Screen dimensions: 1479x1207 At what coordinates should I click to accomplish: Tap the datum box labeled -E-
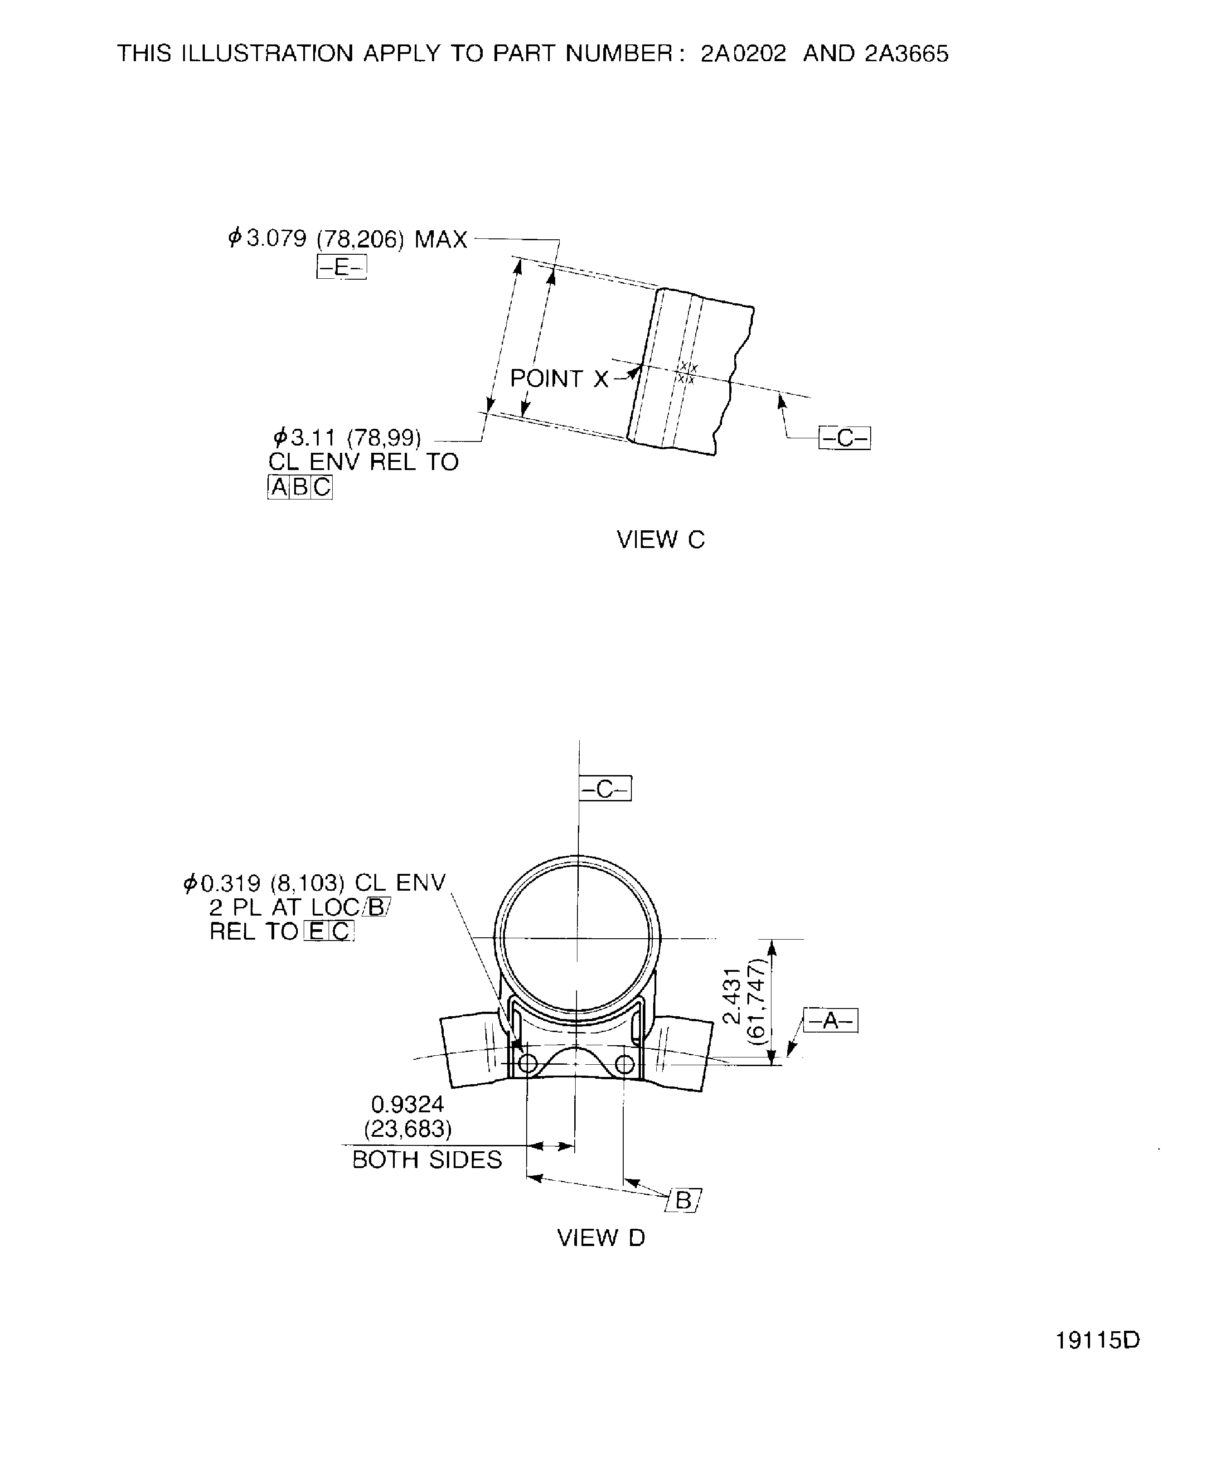pos(341,267)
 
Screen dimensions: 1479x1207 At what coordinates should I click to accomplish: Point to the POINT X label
pos(559,379)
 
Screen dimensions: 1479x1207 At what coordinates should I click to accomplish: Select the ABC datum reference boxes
pos(300,487)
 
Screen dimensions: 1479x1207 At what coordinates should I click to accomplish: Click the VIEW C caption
pos(660,539)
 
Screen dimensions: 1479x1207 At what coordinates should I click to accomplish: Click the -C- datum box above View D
pos(605,789)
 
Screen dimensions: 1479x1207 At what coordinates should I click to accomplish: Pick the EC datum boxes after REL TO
pos(330,931)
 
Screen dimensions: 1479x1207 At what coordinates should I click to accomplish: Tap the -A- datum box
pos(830,1020)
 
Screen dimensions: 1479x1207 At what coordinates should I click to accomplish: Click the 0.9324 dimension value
pos(407,1104)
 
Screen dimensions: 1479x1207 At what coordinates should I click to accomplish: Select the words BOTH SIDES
pos(427,1160)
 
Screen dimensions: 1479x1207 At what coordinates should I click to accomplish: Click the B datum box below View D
pos(683,1201)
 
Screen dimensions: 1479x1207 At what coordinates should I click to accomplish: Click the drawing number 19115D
pos(1097,1340)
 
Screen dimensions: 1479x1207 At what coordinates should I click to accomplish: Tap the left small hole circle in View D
pos(527,1064)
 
